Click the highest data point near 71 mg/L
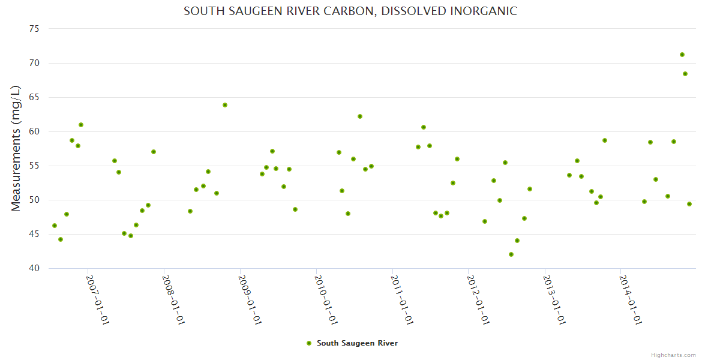pyautogui.click(x=682, y=55)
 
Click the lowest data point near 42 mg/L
pyautogui.click(x=511, y=254)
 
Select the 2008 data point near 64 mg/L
pyautogui.click(x=225, y=105)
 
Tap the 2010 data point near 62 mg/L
pyautogui.click(x=360, y=116)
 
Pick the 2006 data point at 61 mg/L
pyautogui.click(x=81, y=125)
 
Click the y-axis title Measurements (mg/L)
pyautogui.click(x=16, y=148)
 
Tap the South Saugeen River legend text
pyautogui.click(x=357, y=343)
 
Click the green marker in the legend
pyautogui.click(x=309, y=343)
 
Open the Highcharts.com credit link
pyautogui.click(x=673, y=355)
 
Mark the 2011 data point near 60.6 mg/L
pyautogui.click(x=424, y=127)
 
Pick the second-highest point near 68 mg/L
pyautogui.click(x=685, y=74)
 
